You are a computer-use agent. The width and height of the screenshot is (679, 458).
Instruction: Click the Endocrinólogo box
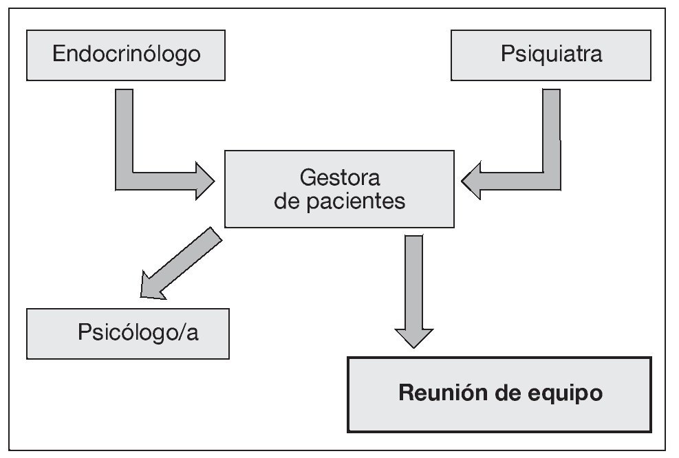point(127,54)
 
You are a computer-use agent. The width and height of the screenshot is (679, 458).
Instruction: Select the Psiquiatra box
point(551,54)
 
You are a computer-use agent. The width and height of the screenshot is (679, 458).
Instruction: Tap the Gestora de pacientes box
point(339,189)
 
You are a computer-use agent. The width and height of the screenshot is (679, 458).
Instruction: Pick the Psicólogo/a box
point(128,334)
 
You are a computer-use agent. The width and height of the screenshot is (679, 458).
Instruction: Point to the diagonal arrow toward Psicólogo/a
point(182,265)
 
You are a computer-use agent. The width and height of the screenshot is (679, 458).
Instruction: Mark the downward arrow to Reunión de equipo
point(413,289)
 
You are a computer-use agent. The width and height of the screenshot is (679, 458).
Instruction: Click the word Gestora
point(340,177)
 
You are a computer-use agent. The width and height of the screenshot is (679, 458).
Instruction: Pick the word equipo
point(569,394)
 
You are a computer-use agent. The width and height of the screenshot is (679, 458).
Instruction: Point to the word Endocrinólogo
point(127,54)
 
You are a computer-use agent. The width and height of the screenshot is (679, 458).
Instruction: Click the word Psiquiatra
point(551,54)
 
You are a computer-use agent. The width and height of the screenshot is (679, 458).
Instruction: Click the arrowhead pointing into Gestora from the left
point(204,181)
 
